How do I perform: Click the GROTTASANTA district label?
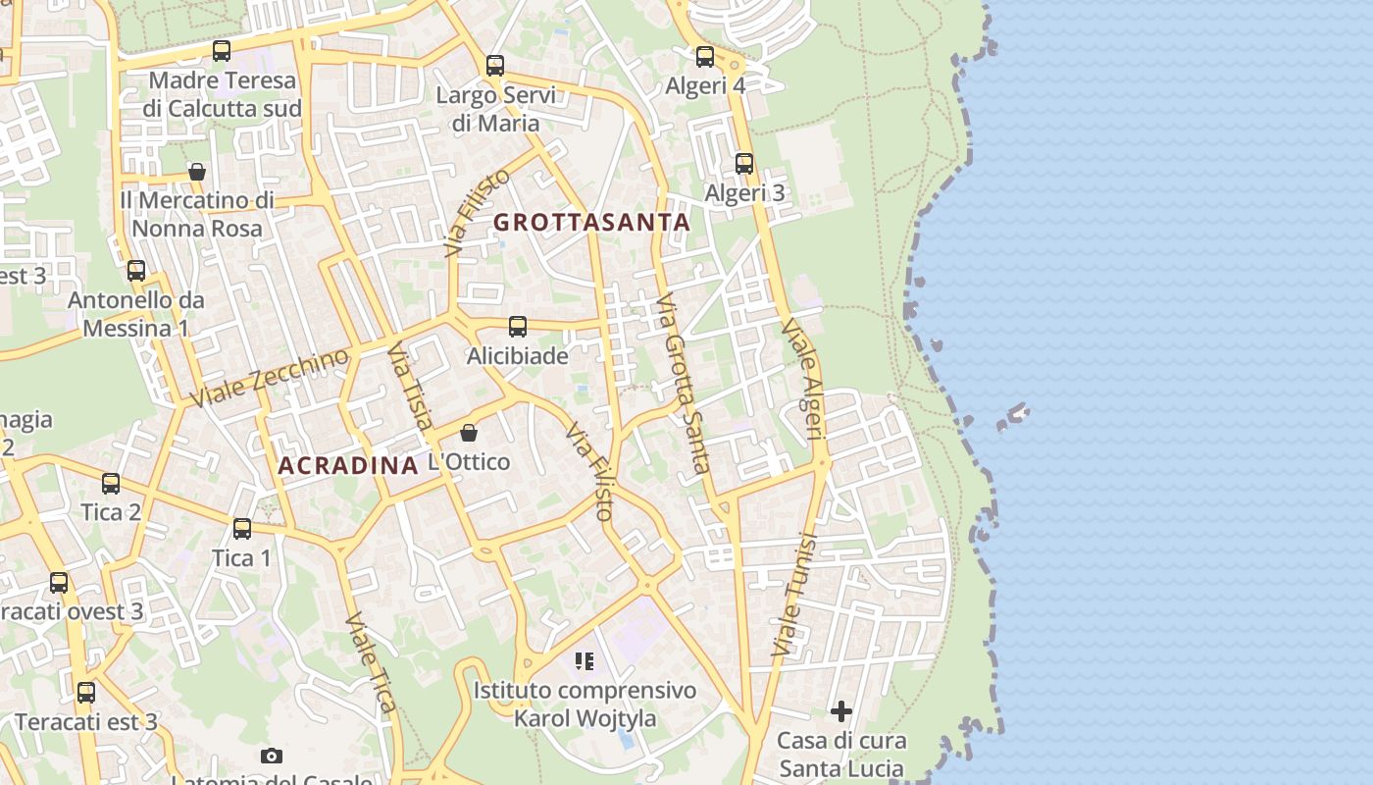591,222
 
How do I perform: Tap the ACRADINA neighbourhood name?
348,465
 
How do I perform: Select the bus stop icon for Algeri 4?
705,57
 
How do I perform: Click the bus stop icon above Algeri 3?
744,164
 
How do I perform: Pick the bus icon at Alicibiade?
518,327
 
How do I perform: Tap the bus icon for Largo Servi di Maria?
495,66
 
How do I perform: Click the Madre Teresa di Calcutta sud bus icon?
222,51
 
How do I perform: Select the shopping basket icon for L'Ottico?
469,433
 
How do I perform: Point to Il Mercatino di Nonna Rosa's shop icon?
197,172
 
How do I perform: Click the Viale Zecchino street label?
270,378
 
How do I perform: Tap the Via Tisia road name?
410,387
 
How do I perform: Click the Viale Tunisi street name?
794,595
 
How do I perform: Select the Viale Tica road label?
372,662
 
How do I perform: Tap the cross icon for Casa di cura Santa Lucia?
841,711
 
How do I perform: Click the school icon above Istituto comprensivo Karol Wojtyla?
585,661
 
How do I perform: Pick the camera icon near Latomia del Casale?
272,756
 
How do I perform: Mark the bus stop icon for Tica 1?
242,529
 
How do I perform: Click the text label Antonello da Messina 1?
135,314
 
